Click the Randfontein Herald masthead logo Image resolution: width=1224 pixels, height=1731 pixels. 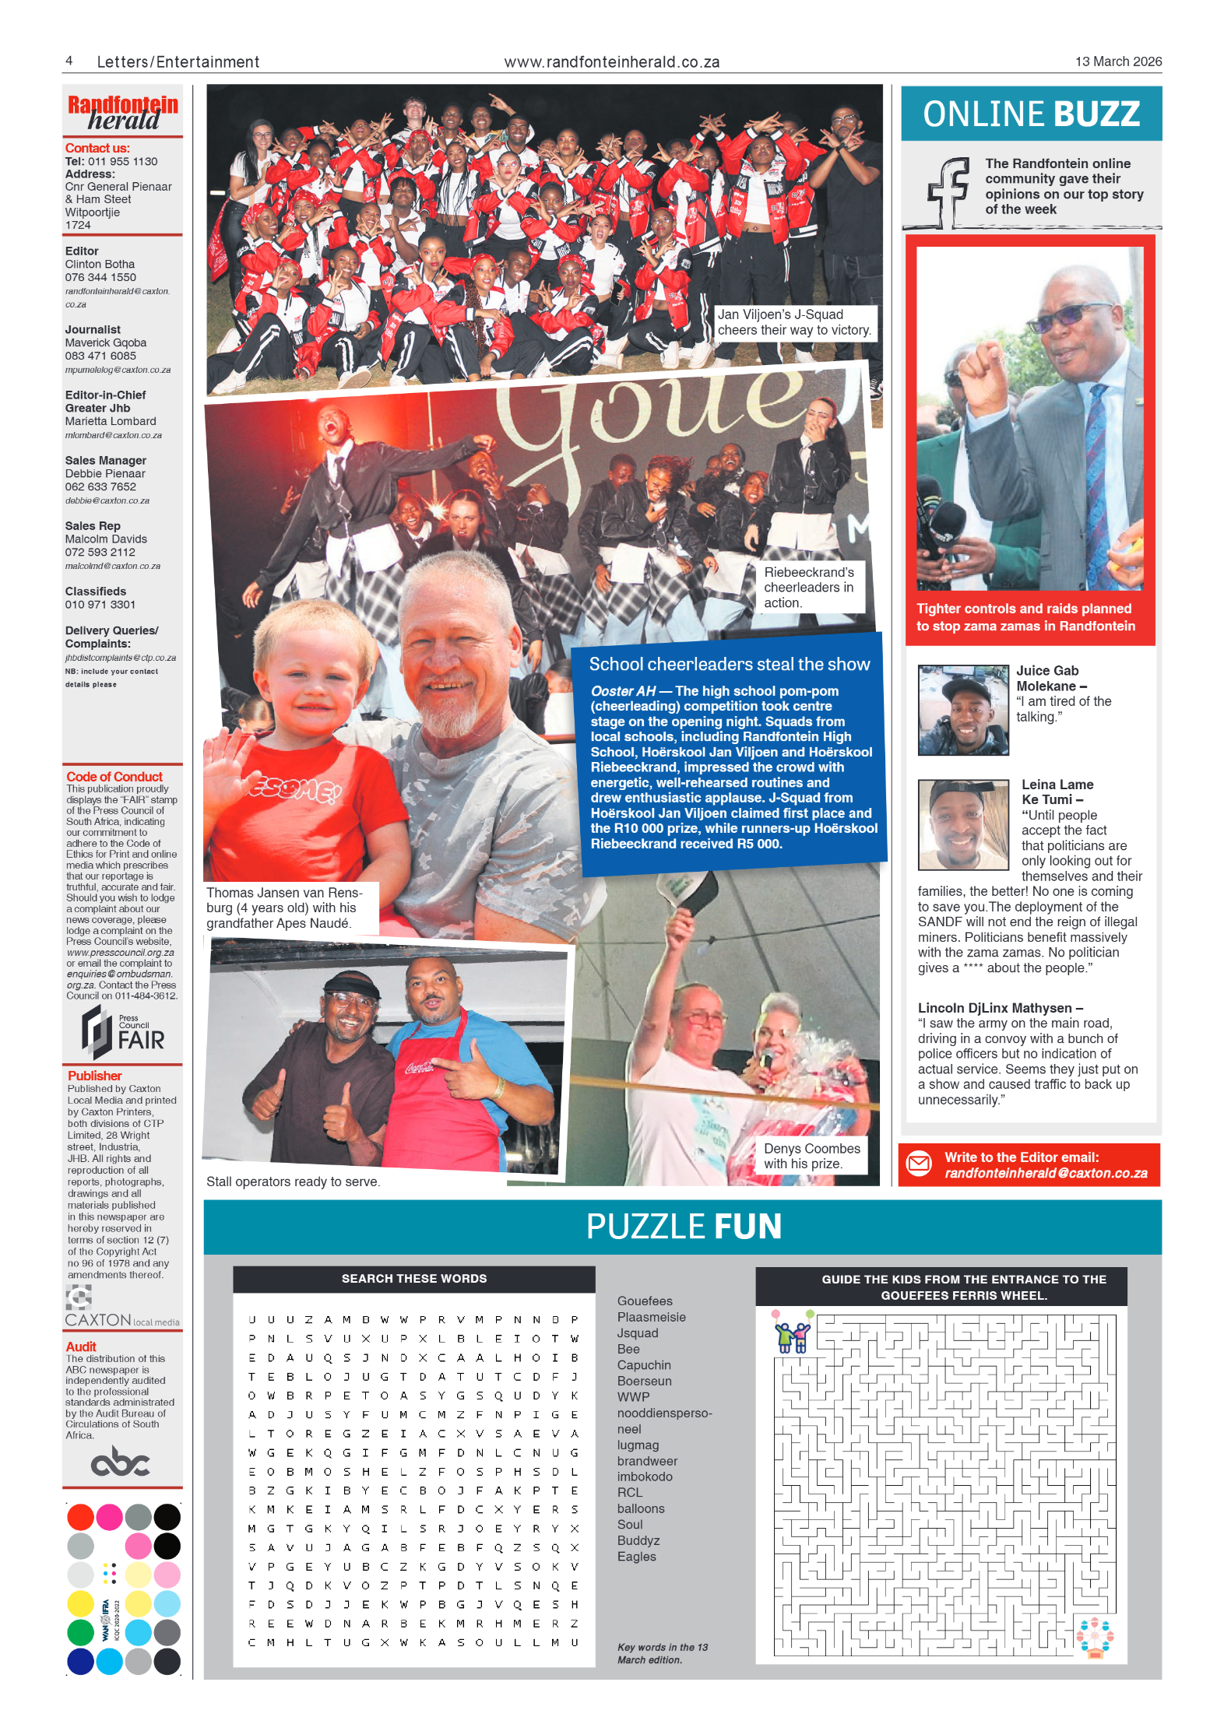coord(122,113)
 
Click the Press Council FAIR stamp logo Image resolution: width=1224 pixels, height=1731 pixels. coord(122,1032)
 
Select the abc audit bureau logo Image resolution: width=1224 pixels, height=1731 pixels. coord(120,1462)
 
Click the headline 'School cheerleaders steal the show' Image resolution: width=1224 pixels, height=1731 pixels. coord(729,664)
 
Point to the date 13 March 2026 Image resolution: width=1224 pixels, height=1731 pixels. coord(1117,61)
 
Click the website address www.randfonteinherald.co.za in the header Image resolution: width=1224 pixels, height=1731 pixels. coord(611,62)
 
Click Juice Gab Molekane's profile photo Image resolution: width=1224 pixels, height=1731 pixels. coord(962,710)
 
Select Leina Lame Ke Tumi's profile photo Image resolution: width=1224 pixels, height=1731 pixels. coord(962,824)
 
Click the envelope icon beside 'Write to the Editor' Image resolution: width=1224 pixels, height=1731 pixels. coord(919,1164)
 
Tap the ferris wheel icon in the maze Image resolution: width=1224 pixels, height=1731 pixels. coord(1094,1638)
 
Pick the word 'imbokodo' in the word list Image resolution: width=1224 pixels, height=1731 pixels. coord(644,1476)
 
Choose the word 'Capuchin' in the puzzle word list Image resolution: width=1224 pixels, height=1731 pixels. coord(643,1365)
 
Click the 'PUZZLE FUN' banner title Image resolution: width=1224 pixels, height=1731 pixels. coord(683,1227)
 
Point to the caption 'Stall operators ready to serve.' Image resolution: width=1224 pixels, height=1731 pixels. coord(293,1182)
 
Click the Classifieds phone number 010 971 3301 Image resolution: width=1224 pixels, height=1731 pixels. coord(100,605)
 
